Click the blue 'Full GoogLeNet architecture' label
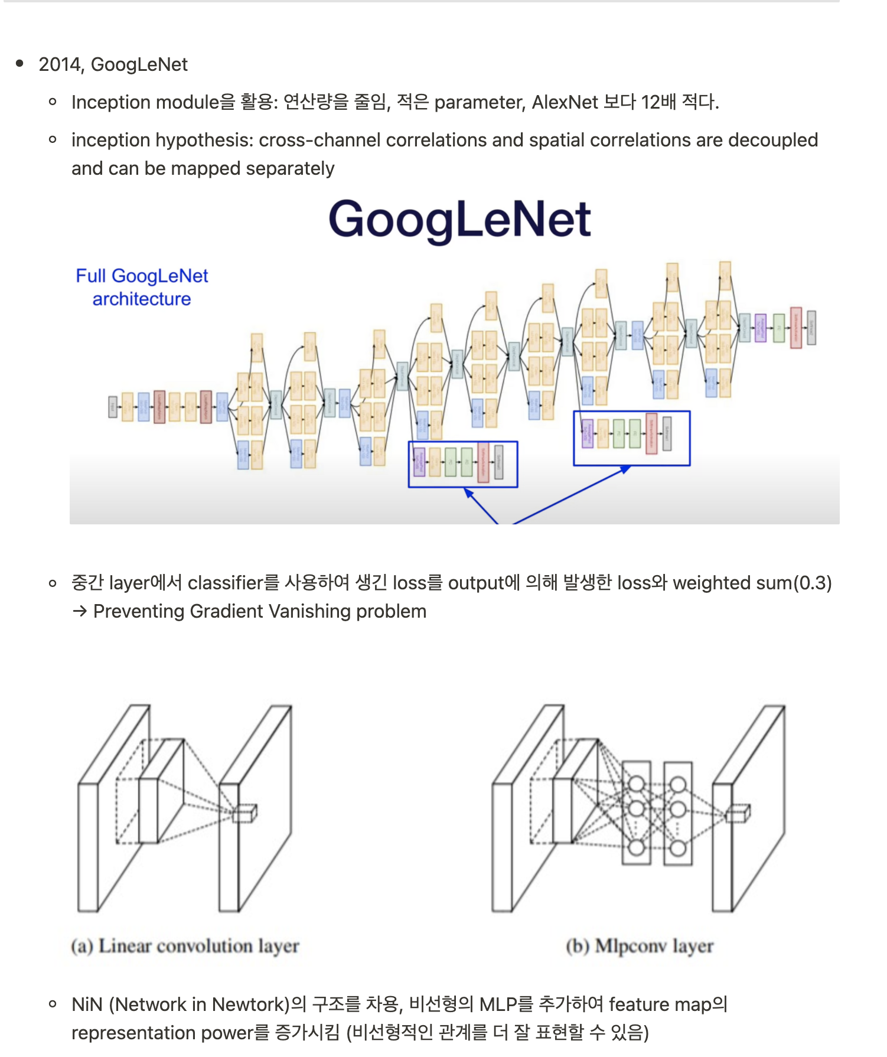[142, 288]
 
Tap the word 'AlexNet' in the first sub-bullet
[565, 102]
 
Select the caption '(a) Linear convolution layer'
[185, 946]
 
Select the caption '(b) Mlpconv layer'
[640, 946]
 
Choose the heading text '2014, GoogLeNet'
[113, 64]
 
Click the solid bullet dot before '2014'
[20, 64]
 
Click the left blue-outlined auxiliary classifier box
[463, 464]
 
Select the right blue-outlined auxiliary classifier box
[631, 438]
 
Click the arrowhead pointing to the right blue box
[626, 469]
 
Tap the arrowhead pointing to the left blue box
[469, 492]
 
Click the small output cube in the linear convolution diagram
[244, 813]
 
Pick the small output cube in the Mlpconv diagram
[738, 813]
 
